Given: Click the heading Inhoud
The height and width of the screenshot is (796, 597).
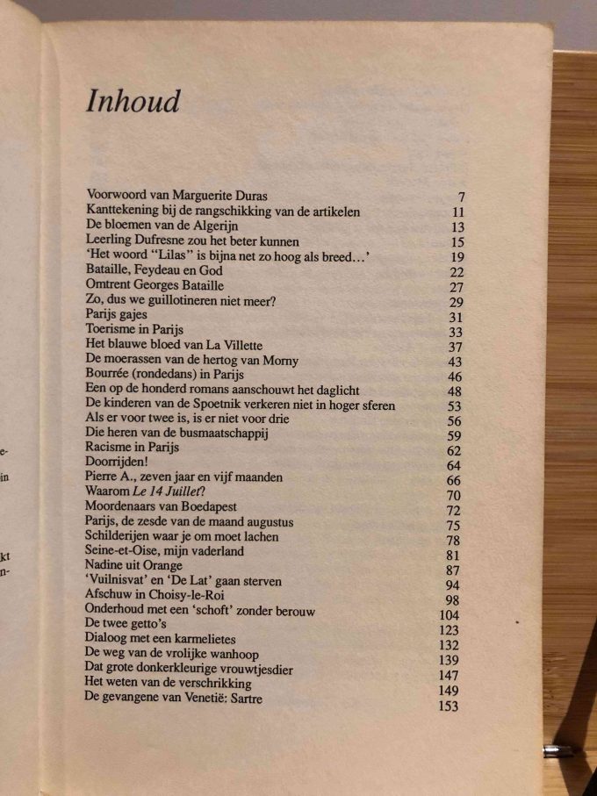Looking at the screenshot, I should (133, 101).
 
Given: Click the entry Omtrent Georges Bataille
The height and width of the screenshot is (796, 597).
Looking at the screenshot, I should (155, 285).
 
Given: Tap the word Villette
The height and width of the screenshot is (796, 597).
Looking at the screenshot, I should (240, 344).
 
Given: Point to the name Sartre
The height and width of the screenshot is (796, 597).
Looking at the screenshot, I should (242, 699).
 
